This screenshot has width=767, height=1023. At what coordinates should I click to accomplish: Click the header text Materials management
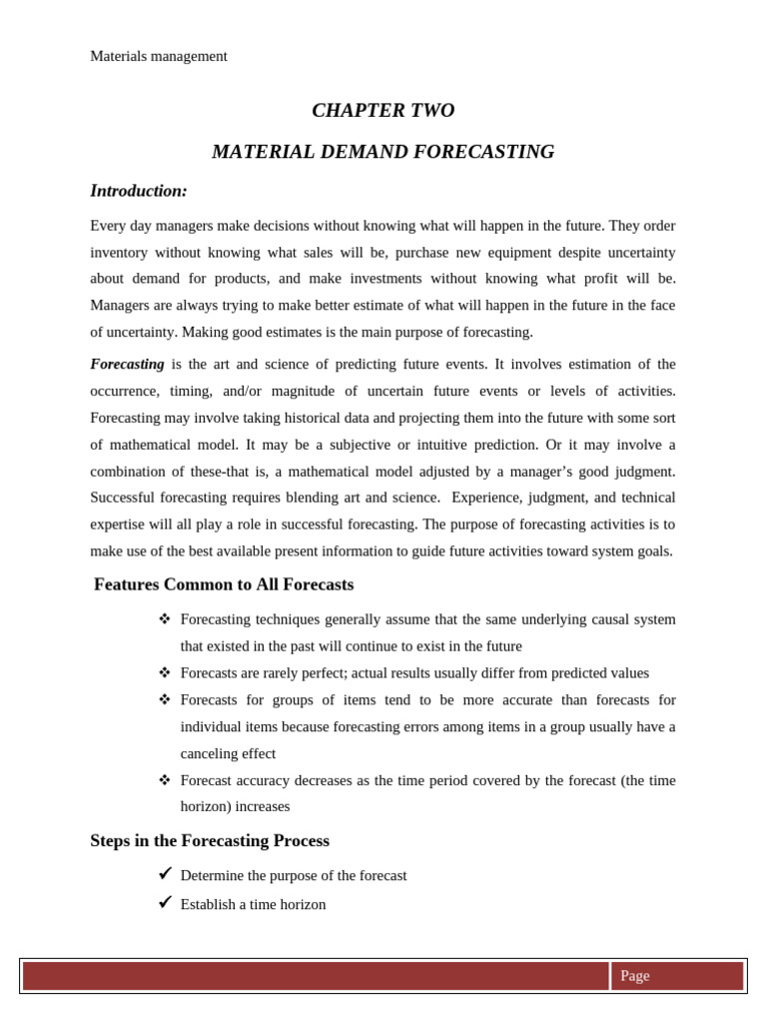tap(159, 56)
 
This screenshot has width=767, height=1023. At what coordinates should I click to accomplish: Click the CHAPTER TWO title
tap(383, 111)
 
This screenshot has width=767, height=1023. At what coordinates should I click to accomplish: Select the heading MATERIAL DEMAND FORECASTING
tap(383, 152)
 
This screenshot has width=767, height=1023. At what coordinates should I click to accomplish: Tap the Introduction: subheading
tap(139, 191)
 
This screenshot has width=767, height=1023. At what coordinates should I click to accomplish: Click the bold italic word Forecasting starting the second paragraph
tap(127, 365)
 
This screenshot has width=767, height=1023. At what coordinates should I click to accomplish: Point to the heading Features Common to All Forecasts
tap(224, 584)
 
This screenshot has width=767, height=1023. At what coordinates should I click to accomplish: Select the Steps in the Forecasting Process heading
tap(210, 841)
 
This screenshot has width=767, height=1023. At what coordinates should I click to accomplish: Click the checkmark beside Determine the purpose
tap(165, 873)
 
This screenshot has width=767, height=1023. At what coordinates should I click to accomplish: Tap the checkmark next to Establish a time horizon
tap(165, 902)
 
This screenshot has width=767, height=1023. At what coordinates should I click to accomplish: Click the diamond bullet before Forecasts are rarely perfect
tap(165, 672)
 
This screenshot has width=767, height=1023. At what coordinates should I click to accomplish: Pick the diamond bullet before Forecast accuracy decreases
tap(165, 779)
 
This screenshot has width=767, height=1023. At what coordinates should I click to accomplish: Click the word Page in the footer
tap(635, 976)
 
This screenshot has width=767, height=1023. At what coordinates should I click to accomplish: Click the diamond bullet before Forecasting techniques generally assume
tap(165, 618)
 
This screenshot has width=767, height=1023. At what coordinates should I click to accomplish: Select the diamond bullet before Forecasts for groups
tap(165, 699)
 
